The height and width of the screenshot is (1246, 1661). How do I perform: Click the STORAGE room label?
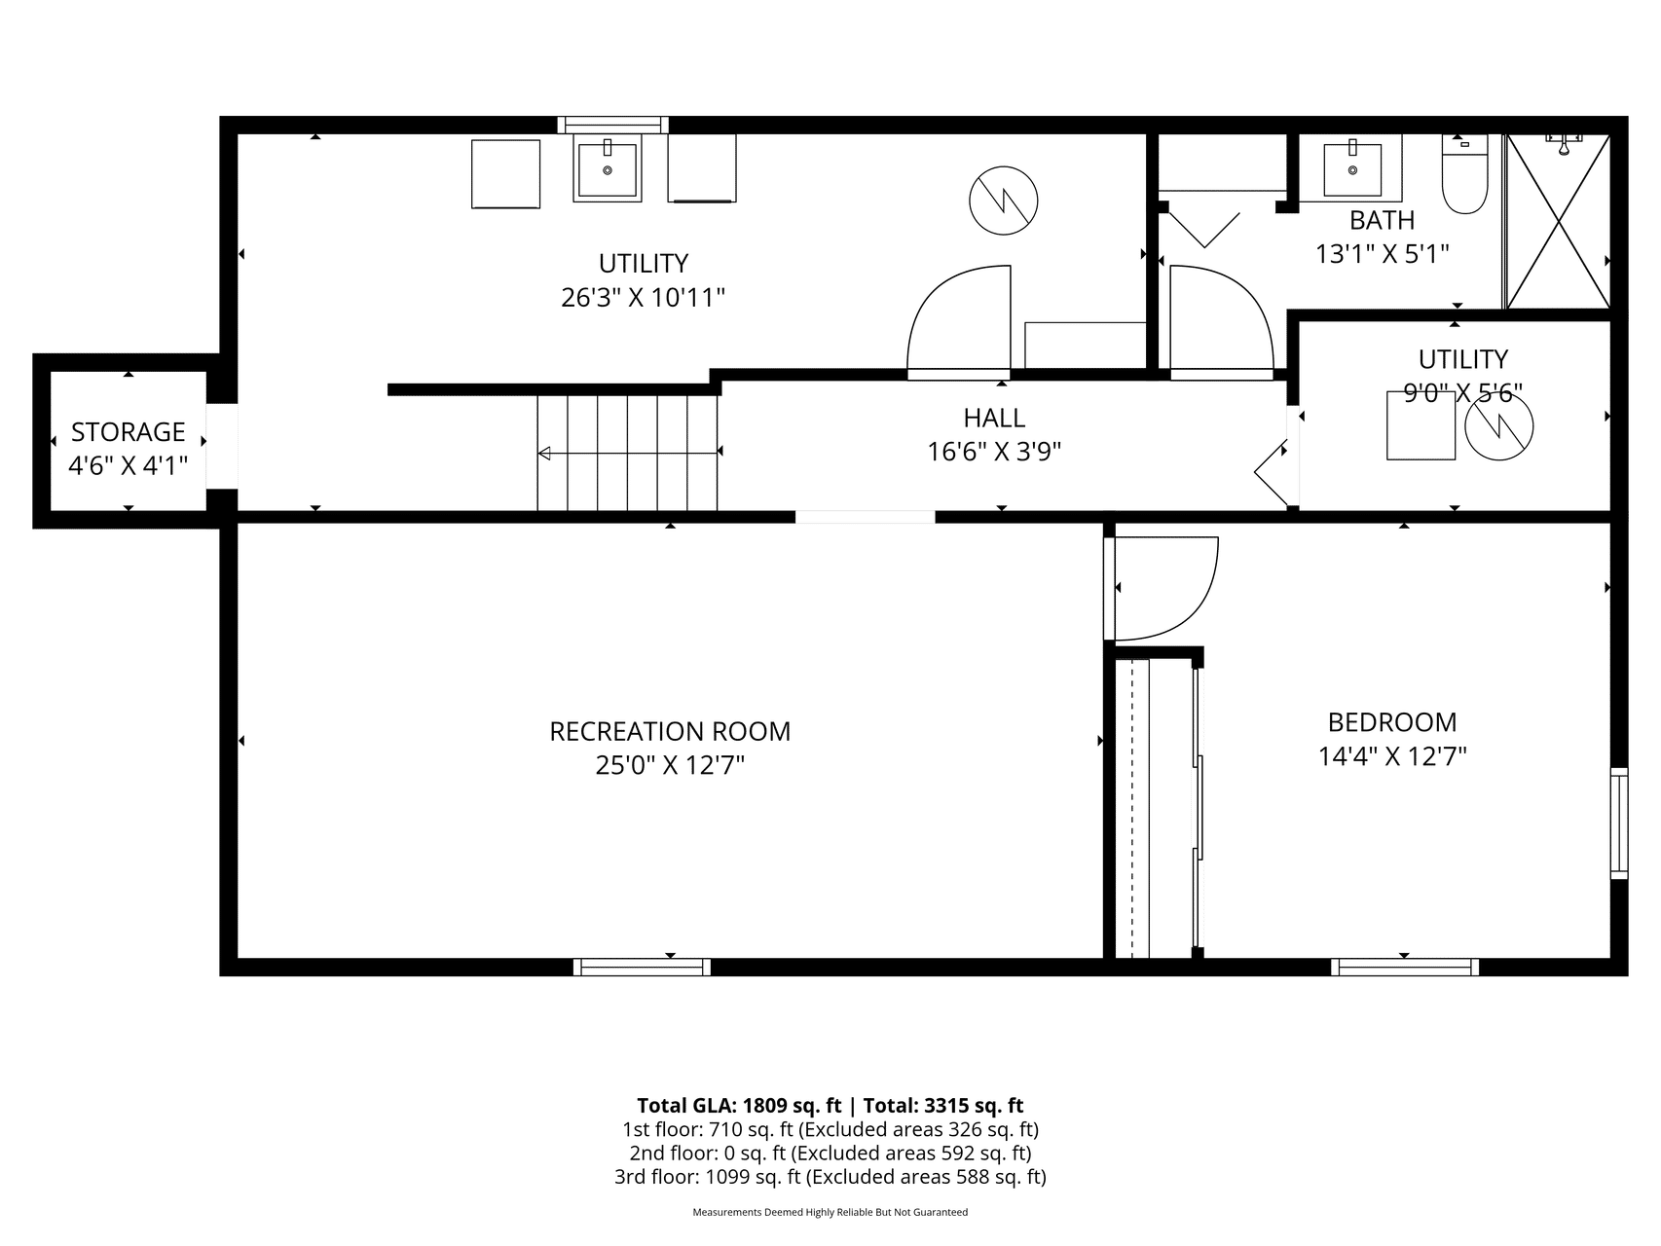tap(129, 431)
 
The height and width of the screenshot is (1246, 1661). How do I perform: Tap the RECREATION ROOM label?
tap(670, 731)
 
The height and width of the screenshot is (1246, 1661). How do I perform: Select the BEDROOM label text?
tap(1392, 722)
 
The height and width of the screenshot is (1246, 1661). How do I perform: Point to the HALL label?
tap(994, 418)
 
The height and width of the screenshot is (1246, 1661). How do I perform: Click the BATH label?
tap(1383, 220)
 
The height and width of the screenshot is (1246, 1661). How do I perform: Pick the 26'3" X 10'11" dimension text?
tap(644, 297)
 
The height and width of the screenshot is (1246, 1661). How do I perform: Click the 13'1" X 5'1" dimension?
tap(1383, 254)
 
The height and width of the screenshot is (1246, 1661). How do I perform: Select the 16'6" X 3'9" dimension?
tap(994, 452)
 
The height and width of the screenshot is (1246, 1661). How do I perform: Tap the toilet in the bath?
tap(1465, 175)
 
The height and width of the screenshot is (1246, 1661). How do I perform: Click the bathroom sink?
tap(1352, 169)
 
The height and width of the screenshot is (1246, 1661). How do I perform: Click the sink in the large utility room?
tap(608, 169)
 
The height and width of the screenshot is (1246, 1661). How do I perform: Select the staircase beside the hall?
tap(628, 453)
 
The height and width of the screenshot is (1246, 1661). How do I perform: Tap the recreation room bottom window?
tap(642, 967)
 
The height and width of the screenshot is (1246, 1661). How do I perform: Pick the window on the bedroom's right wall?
tap(1619, 824)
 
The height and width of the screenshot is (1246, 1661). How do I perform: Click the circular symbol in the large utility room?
tap(1004, 201)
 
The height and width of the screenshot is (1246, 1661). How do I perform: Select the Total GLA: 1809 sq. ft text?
tap(739, 1105)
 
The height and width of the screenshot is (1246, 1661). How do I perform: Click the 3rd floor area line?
tap(830, 1177)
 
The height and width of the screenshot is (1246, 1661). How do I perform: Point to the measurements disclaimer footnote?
tap(830, 1213)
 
